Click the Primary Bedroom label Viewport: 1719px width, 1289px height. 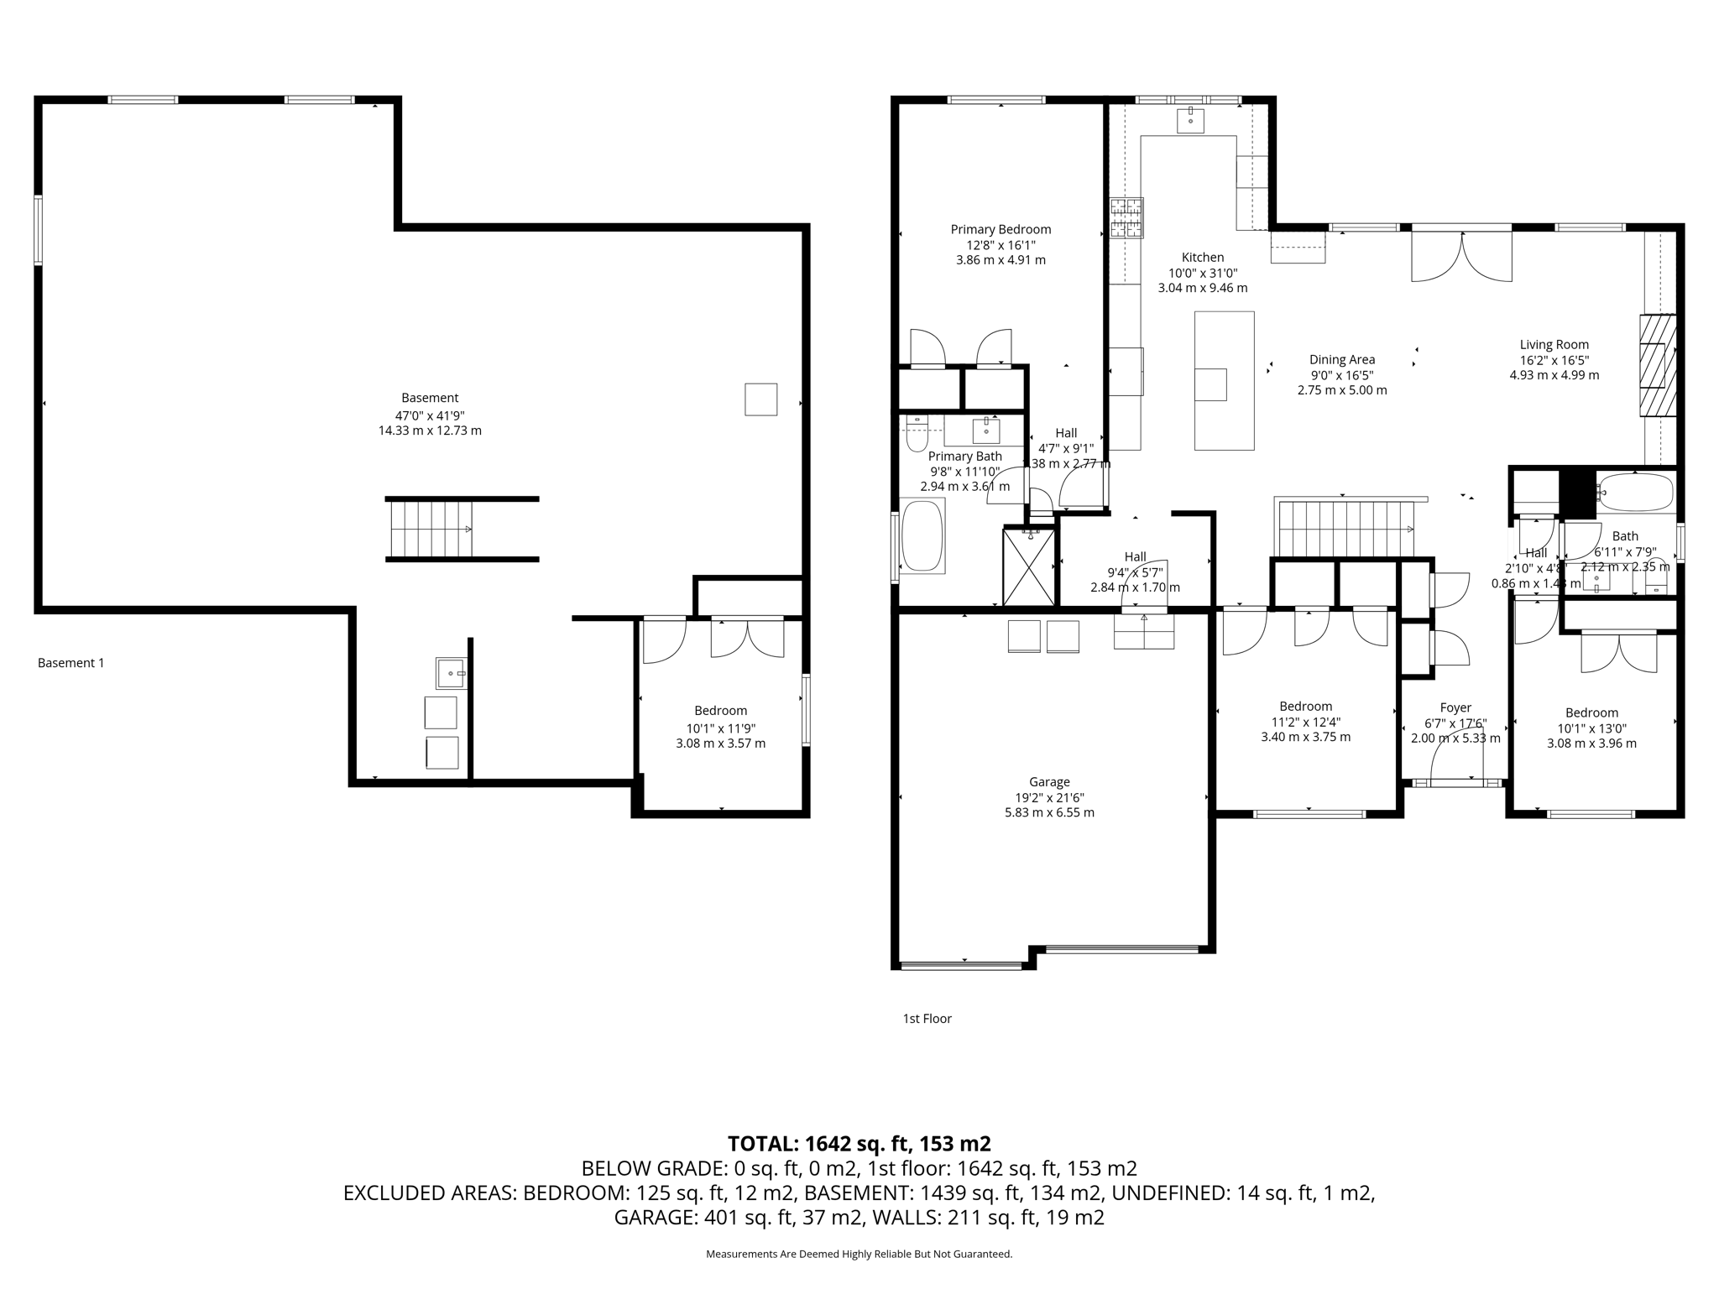point(1001,229)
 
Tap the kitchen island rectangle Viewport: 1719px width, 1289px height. point(1224,380)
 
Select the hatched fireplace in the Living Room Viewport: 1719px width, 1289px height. point(1658,365)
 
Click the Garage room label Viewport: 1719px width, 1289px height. point(1049,781)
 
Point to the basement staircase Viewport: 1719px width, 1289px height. point(431,530)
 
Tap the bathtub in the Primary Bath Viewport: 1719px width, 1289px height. point(922,536)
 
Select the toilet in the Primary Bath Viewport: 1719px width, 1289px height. point(916,436)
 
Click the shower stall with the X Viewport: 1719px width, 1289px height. point(1029,566)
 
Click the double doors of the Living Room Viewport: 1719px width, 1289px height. point(1461,255)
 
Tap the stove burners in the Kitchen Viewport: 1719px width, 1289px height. point(1126,217)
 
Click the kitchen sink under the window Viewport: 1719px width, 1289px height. point(1190,121)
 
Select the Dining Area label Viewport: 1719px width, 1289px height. point(1341,359)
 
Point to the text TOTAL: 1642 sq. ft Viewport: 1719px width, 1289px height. point(859,1143)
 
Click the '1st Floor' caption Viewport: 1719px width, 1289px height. point(927,1018)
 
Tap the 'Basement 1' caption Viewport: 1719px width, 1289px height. point(71,662)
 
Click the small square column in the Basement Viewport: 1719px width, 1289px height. point(760,399)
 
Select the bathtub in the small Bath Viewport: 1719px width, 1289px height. point(1635,493)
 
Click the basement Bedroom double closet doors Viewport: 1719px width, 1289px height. point(747,638)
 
